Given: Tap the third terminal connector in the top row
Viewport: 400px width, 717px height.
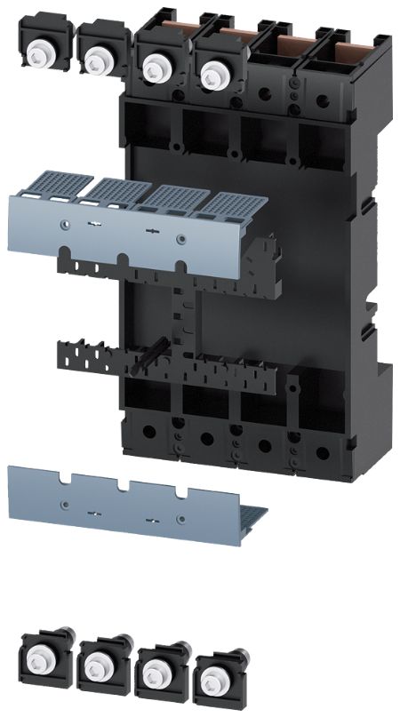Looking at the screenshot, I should point(157,64).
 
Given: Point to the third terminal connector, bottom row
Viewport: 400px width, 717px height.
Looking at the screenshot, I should point(156,676).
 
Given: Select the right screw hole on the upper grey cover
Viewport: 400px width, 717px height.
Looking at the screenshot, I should point(181,237).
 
